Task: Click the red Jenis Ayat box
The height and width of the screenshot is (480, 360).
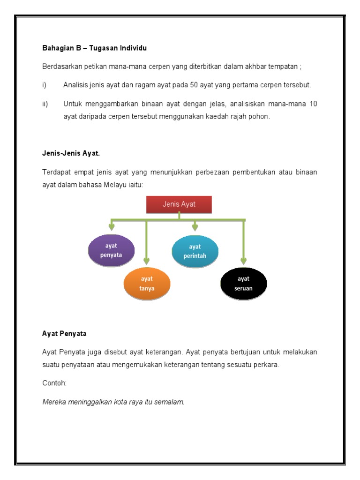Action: click(179, 204)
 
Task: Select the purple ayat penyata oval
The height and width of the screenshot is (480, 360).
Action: click(111, 250)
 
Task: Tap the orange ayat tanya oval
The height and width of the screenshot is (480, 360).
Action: click(147, 283)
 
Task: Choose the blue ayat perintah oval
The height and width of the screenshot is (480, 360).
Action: click(195, 251)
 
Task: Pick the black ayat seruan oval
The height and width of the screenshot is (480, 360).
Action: click(244, 283)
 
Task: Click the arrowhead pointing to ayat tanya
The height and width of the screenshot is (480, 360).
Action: click(147, 261)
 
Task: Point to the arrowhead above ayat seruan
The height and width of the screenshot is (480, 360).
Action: click(244, 261)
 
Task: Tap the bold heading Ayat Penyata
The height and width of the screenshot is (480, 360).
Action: click(64, 334)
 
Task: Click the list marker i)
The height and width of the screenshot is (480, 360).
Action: click(45, 85)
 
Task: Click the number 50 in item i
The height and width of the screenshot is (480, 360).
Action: click(195, 85)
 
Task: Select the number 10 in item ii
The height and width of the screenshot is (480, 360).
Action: click(313, 104)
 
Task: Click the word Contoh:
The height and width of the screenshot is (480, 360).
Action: click(54, 383)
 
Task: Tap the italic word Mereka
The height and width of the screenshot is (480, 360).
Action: click(54, 402)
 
